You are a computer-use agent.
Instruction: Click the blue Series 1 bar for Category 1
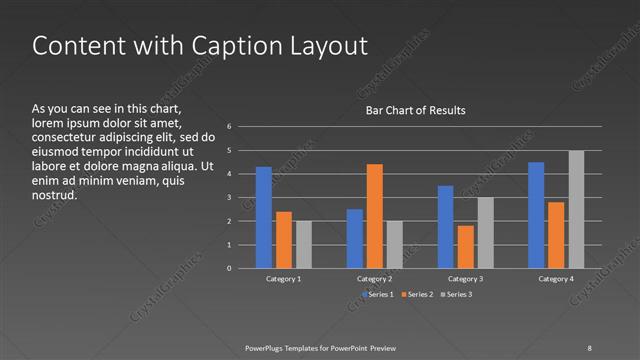264,217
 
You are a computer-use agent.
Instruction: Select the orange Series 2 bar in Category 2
374,216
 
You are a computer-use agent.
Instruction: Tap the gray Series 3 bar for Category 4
576,209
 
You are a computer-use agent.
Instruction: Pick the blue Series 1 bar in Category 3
445,227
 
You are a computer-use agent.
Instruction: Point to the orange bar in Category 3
465,247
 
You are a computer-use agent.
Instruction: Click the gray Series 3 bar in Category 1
304,245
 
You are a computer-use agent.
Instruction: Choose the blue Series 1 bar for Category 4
536,215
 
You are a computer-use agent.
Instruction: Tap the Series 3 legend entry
459,295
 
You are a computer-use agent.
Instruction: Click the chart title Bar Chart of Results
415,110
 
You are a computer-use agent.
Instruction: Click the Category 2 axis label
375,279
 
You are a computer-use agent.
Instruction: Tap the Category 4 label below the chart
557,279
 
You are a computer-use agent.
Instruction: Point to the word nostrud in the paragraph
55,195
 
